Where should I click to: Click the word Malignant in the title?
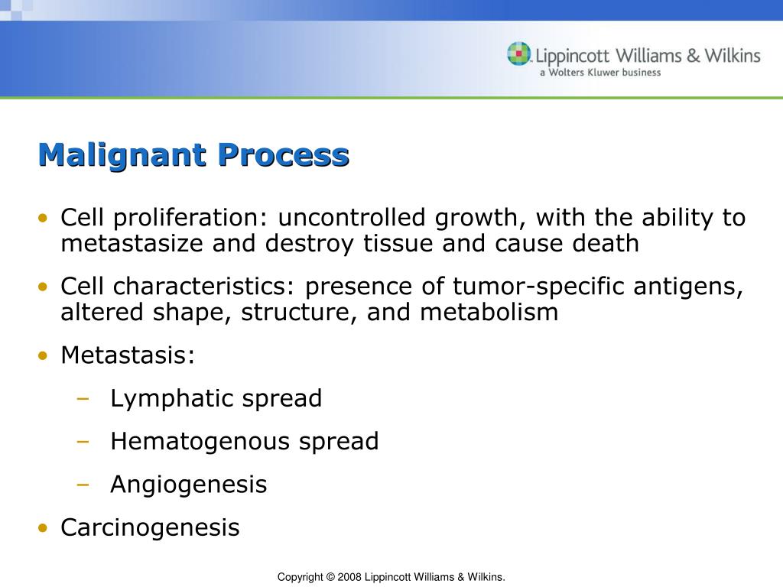pyautogui.click(x=122, y=155)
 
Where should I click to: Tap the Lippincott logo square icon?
pyautogui.click(x=518, y=54)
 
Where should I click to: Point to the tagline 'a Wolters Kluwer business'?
pyautogui.click(x=599, y=73)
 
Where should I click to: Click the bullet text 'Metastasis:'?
pyautogui.click(x=128, y=355)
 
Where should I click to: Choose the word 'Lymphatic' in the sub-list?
pyautogui.click(x=172, y=399)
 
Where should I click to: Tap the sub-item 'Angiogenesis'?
pyautogui.click(x=189, y=485)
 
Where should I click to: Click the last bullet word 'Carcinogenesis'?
pyautogui.click(x=150, y=527)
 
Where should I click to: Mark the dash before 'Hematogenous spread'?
pyautogui.click(x=83, y=442)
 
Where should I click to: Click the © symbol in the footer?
pyautogui.click(x=331, y=577)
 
